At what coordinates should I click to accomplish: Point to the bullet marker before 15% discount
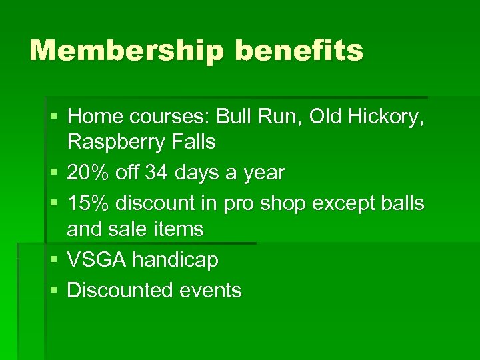(53, 203)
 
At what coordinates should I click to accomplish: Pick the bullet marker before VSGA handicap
(53, 259)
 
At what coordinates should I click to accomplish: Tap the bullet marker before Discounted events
(53, 290)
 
